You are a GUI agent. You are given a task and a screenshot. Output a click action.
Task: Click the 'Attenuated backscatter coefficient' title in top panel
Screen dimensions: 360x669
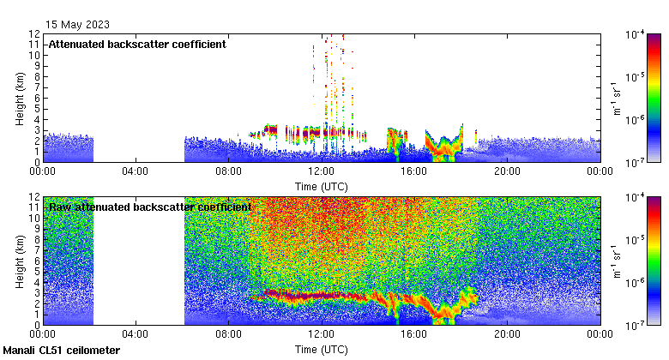[137, 44]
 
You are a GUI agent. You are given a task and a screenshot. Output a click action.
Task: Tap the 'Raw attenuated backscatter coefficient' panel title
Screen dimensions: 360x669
[150, 207]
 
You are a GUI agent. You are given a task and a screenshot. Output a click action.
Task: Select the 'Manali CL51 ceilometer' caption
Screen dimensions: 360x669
[62, 351]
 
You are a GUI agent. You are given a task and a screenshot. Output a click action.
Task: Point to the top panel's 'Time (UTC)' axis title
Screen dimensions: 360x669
[321, 185]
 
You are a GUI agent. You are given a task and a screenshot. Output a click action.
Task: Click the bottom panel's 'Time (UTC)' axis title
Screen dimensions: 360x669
[321, 350]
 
